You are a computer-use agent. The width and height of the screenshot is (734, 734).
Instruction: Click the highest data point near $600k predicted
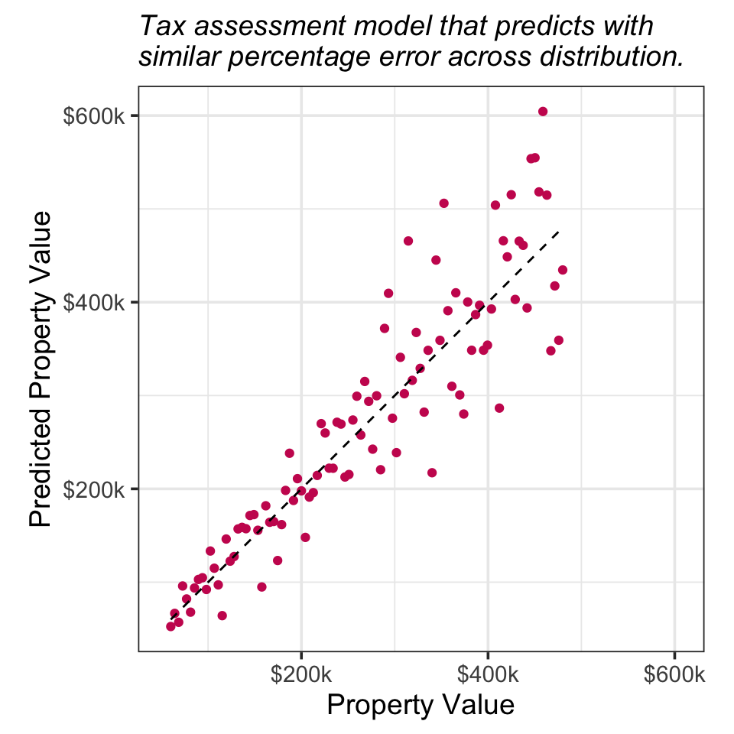pos(543,112)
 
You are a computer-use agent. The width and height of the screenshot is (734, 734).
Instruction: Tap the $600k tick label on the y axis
pos(98,116)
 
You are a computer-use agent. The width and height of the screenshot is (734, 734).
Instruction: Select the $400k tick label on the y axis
pos(98,303)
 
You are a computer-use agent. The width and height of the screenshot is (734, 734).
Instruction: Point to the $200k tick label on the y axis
pos(98,489)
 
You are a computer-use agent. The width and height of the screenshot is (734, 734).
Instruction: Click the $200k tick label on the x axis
pos(301,675)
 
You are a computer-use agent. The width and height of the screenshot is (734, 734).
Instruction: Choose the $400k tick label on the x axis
pos(488,675)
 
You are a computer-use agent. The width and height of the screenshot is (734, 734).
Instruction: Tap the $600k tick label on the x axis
pos(674,675)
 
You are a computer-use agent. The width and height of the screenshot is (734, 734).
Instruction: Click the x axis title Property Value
pos(421,705)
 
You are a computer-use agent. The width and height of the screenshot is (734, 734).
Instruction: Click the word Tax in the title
pos(159,27)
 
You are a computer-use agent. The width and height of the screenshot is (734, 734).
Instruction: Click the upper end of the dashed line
pos(560,230)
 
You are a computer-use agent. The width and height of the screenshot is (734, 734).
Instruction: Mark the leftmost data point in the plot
pos(171,626)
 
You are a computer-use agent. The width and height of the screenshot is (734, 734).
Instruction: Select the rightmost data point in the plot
pos(563,270)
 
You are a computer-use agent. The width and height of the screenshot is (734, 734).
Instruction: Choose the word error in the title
pos(434,57)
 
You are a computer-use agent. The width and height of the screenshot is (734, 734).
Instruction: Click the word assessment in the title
pos(256,27)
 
